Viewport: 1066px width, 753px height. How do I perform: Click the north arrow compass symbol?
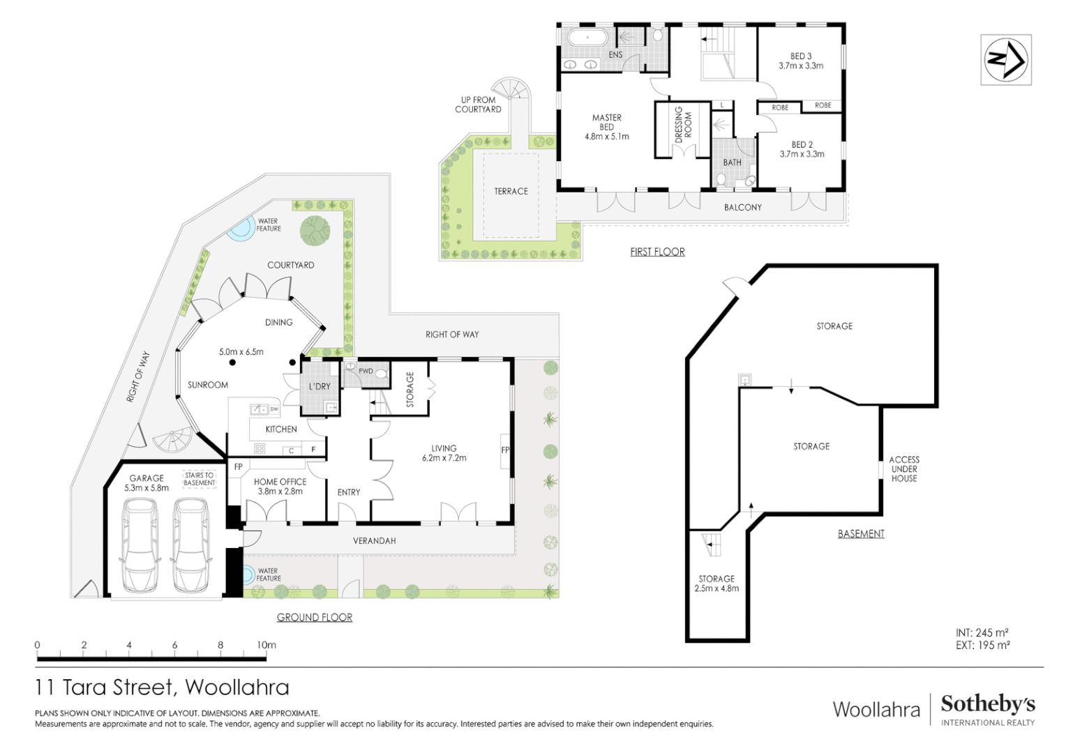point(1005,60)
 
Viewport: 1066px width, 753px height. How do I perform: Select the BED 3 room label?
point(801,61)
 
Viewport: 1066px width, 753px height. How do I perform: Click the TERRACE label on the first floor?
point(511,191)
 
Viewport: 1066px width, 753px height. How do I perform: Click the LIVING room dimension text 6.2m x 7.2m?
point(444,458)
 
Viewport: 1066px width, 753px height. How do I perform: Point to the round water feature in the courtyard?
point(240,229)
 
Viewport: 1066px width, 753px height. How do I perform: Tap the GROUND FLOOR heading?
point(314,617)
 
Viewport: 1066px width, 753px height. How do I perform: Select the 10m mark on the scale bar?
point(266,645)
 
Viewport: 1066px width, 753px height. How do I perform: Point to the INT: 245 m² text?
point(982,632)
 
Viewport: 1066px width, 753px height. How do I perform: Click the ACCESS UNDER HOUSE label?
point(903,469)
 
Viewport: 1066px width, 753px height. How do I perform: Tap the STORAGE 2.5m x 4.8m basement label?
point(716,584)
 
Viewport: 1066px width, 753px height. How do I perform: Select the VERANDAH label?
point(374,540)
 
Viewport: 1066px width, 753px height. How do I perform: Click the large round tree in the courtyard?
point(315,230)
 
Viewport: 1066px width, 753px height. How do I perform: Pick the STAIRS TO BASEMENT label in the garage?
point(200,479)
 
